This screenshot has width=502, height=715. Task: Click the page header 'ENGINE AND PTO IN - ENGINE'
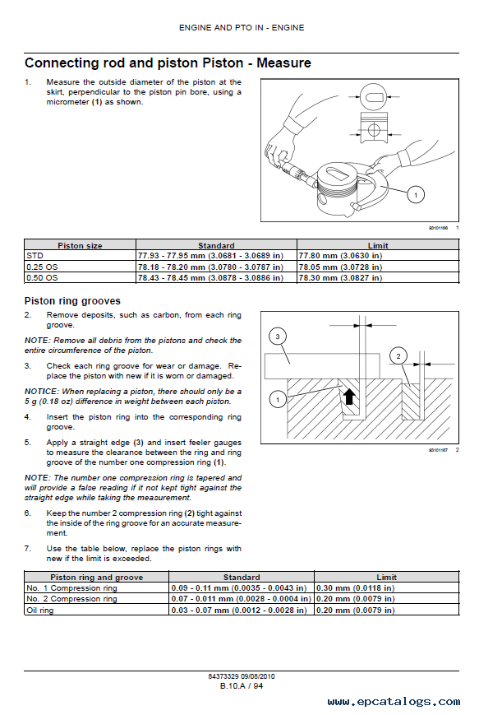coord(242,28)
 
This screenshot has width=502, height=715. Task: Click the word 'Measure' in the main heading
coord(283,63)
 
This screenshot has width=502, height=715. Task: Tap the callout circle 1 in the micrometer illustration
coord(416,195)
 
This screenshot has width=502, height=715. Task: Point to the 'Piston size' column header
coord(80,245)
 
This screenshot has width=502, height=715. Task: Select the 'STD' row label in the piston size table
coord(35,256)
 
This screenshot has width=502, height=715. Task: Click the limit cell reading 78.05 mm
coord(340,267)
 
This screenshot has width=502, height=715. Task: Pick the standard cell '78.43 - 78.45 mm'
coord(210,278)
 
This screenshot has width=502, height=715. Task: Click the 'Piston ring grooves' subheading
coord(72,301)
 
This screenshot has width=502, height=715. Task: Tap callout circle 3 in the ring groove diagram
coord(278,337)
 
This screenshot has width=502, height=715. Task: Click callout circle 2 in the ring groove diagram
coord(398,356)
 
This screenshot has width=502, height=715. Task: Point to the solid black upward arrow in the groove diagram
coord(349,397)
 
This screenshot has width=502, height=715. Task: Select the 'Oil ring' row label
coord(40,611)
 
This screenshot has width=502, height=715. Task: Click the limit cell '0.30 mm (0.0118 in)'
coord(355,588)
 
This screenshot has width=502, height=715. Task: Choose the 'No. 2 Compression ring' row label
coord(72,599)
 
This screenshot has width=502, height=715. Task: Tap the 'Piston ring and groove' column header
coord(97,578)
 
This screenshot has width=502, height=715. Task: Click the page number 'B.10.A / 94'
coord(242,686)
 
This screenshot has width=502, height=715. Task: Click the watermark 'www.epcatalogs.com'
coord(394,702)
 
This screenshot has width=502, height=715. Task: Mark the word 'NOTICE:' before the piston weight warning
coord(42,392)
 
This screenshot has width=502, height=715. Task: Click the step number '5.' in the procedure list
coord(28,443)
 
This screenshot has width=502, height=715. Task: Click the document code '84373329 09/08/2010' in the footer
coord(242,676)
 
